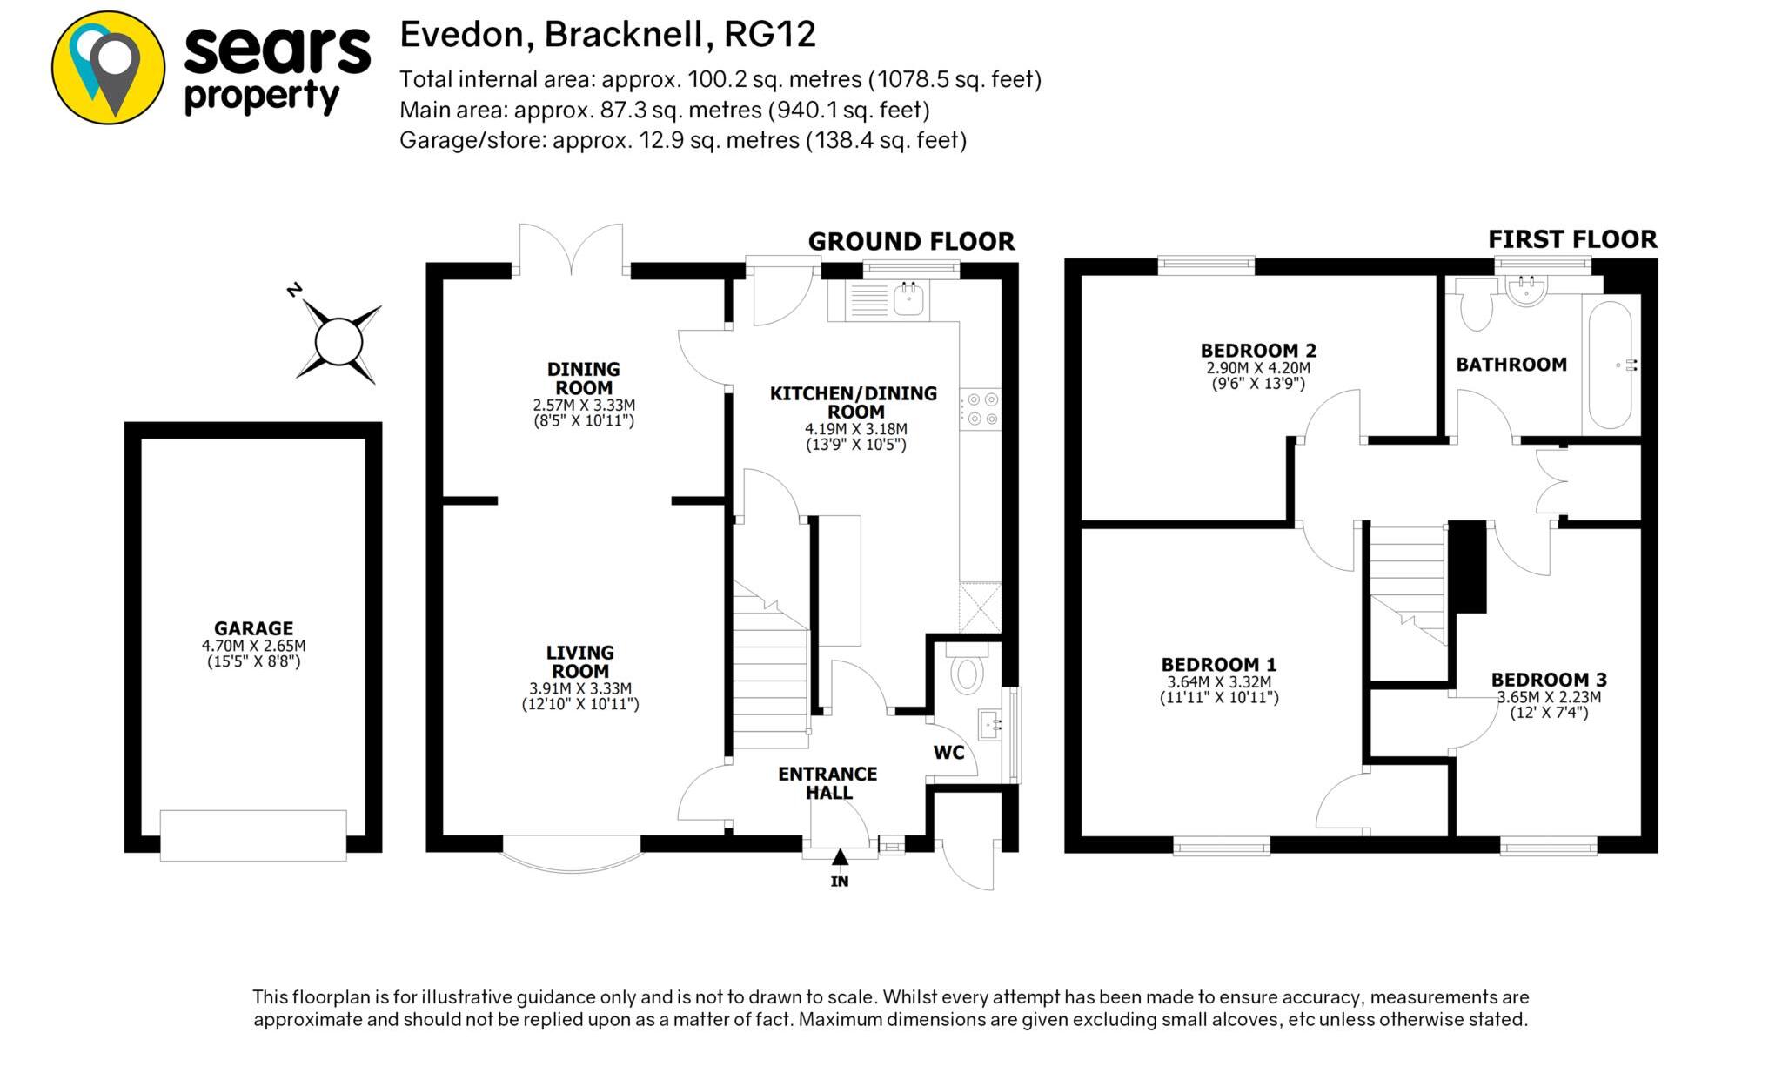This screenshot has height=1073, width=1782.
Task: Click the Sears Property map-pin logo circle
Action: (x=108, y=67)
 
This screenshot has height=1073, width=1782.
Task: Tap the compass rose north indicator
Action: (x=338, y=340)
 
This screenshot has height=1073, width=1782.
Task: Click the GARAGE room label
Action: (x=253, y=627)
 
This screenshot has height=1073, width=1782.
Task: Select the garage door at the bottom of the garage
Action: (x=253, y=835)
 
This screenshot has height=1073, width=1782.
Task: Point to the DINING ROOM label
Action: (x=584, y=379)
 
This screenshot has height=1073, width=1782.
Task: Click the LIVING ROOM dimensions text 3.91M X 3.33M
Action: (x=580, y=688)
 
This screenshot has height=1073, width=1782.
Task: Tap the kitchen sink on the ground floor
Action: (x=908, y=298)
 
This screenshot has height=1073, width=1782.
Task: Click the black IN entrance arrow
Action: (x=840, y=858)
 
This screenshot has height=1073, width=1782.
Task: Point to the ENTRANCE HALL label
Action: (x=827, y=783)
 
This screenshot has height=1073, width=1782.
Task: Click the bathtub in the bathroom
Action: (x=1610, y=365)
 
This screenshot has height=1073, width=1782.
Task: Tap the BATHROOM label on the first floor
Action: (x=1511, y=365)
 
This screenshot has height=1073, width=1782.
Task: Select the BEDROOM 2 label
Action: (x=1258, y=351)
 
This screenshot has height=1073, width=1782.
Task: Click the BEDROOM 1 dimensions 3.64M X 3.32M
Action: (x=1219, y=682)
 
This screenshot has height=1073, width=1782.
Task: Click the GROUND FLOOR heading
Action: (x=911, y=241)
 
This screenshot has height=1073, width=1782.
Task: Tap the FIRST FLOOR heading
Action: (x=1572, y=239)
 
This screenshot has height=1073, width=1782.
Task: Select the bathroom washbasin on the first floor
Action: (x=1526, y=291)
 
